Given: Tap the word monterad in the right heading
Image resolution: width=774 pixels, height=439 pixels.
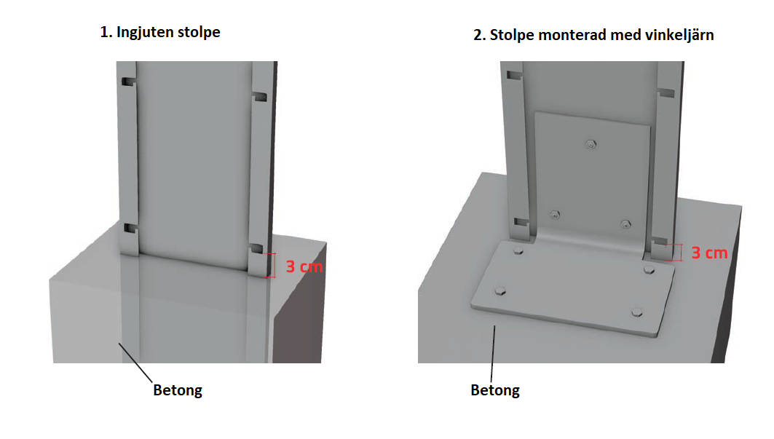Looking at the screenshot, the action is point(573,35).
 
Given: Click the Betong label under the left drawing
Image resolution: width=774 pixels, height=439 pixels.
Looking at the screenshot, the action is point(178,390).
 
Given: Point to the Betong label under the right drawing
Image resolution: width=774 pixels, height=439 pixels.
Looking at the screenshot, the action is point(495,390).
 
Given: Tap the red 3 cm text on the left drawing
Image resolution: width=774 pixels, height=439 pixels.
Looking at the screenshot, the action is point(304,266).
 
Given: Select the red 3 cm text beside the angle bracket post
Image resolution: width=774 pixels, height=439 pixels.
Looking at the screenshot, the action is point(709,253).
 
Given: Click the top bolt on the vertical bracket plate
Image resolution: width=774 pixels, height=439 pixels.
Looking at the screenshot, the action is point(591,144).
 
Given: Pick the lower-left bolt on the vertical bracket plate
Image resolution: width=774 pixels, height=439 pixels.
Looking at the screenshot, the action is point(555,215).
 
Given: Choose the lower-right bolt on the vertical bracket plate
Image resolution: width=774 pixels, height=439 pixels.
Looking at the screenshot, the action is point(625,225).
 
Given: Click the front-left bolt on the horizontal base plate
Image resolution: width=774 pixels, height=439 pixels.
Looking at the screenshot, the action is point(500,290).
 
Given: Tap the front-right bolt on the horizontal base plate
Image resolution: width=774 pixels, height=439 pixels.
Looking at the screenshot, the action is point(637,312).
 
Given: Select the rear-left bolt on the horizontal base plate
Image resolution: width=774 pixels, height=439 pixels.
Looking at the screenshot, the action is point(518,250).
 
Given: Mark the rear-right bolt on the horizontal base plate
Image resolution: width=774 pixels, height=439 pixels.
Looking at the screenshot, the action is point(649,269).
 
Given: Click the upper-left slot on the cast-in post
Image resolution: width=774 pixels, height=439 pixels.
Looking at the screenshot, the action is point(128,81).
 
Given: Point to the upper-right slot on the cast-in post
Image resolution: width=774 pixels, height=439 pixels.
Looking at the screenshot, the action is point(259,96).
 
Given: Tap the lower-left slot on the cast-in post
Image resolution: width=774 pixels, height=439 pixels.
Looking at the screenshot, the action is point(130,228).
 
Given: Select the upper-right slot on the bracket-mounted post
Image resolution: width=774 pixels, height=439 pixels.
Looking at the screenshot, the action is point(666,93).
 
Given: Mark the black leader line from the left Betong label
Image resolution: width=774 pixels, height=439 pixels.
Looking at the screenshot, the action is point(135,363).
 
